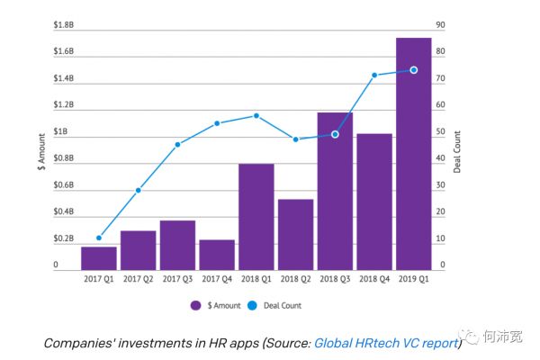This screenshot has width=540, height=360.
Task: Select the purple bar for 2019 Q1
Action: [414, 153]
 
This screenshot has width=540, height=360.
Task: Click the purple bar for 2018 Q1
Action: [256, 216]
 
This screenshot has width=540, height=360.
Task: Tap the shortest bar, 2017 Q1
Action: [99, 257]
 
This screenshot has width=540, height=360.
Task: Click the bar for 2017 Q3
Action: [178, 244]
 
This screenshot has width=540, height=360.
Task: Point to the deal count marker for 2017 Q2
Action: [139, 190]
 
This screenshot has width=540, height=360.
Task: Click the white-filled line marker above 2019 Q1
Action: [414, 69]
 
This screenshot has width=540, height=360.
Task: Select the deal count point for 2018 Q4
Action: [374, 75]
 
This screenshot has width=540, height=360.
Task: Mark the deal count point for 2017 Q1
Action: [99, 238]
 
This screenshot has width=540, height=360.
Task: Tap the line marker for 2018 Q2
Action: [296, 139]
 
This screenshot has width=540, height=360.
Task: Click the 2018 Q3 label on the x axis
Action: [335, 279]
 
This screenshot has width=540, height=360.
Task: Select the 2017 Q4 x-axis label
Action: [217, 279]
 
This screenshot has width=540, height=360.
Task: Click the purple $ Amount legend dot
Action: [196, 305]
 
